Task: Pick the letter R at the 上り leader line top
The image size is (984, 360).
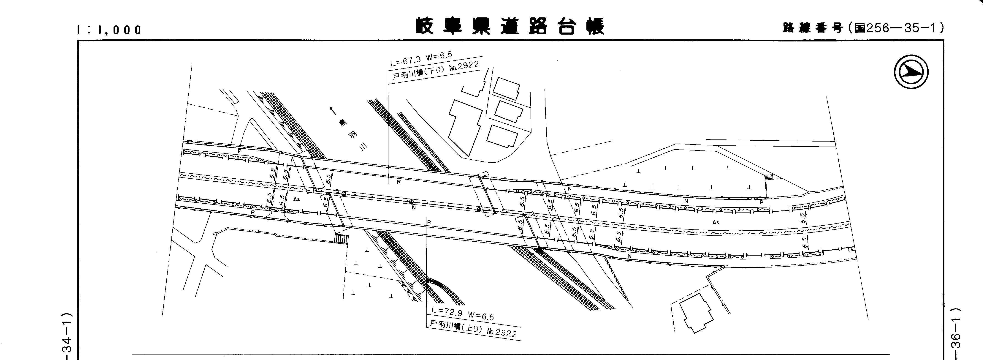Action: click(429, 222)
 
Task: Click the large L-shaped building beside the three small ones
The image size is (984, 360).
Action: click(465, 126)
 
